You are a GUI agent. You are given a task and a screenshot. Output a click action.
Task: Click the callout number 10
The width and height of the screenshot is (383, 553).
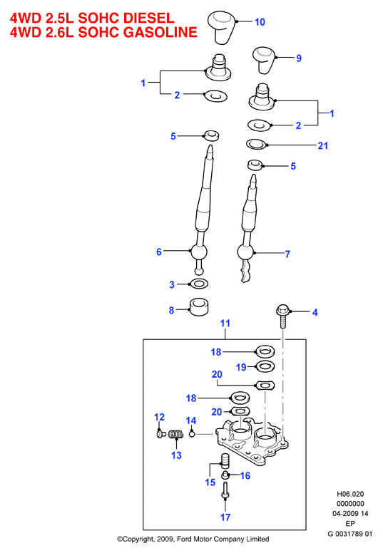point(260,22)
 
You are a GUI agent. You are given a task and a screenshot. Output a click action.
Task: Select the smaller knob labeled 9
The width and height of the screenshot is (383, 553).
point(265,60)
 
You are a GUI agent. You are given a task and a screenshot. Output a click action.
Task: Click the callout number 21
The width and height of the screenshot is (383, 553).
point(323,145)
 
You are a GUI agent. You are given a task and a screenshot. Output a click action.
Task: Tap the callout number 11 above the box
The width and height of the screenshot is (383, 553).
point(225,323)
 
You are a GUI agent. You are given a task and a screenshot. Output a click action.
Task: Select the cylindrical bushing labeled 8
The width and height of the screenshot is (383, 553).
point(199,307)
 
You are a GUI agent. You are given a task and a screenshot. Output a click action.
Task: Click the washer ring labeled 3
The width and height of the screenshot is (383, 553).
point(199,283)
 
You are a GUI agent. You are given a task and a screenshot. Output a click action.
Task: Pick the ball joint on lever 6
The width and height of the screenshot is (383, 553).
point(198,252)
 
